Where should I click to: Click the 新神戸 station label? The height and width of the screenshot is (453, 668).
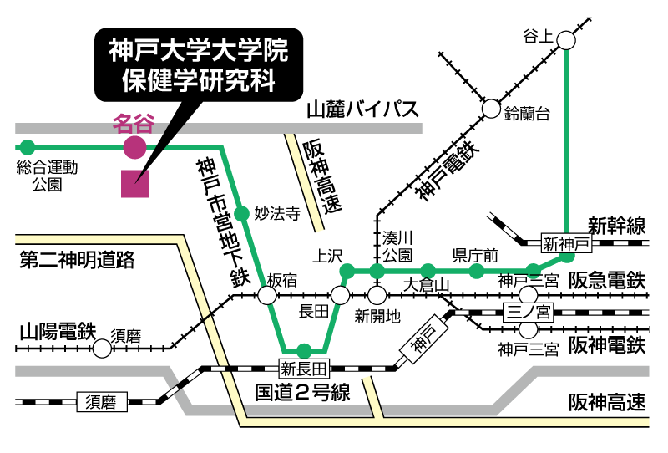(x=566, y=243)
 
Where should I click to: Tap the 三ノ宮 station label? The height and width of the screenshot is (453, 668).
(x=528, y=313)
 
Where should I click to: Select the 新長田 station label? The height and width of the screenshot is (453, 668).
(x=304, y=369)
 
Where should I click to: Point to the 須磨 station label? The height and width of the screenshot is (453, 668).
(x=102, y=402)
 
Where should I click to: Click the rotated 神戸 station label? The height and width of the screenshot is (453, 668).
(x=424, y=338)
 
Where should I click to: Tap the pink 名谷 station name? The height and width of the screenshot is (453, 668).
(x=134, y=124)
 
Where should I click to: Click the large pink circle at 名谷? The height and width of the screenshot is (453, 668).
(x=134, y=148)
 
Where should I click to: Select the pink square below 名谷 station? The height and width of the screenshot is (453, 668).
(x=134, y=184)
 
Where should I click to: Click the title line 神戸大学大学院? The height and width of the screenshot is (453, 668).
(x=199, y=50)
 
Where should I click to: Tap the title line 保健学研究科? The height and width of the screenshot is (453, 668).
(x=199, y=80)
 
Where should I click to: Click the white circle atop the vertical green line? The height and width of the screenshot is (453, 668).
(x=566, y=40)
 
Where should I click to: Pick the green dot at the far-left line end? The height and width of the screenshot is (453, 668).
(x=28, y=148)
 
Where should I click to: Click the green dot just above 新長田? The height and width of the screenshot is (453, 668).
(x=304, y=350)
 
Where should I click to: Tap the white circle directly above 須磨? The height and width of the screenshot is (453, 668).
(x=102, y=349)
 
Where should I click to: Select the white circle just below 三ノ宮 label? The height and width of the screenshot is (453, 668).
(x=529, y=329)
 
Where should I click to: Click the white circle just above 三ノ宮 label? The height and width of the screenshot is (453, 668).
(x=529, y=295)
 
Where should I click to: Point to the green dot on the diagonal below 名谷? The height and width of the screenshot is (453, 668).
(x=242, y=214)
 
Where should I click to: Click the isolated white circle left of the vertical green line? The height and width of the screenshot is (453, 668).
(x=491, y=109)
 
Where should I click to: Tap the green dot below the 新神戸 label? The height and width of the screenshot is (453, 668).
(x=568, y=256)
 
